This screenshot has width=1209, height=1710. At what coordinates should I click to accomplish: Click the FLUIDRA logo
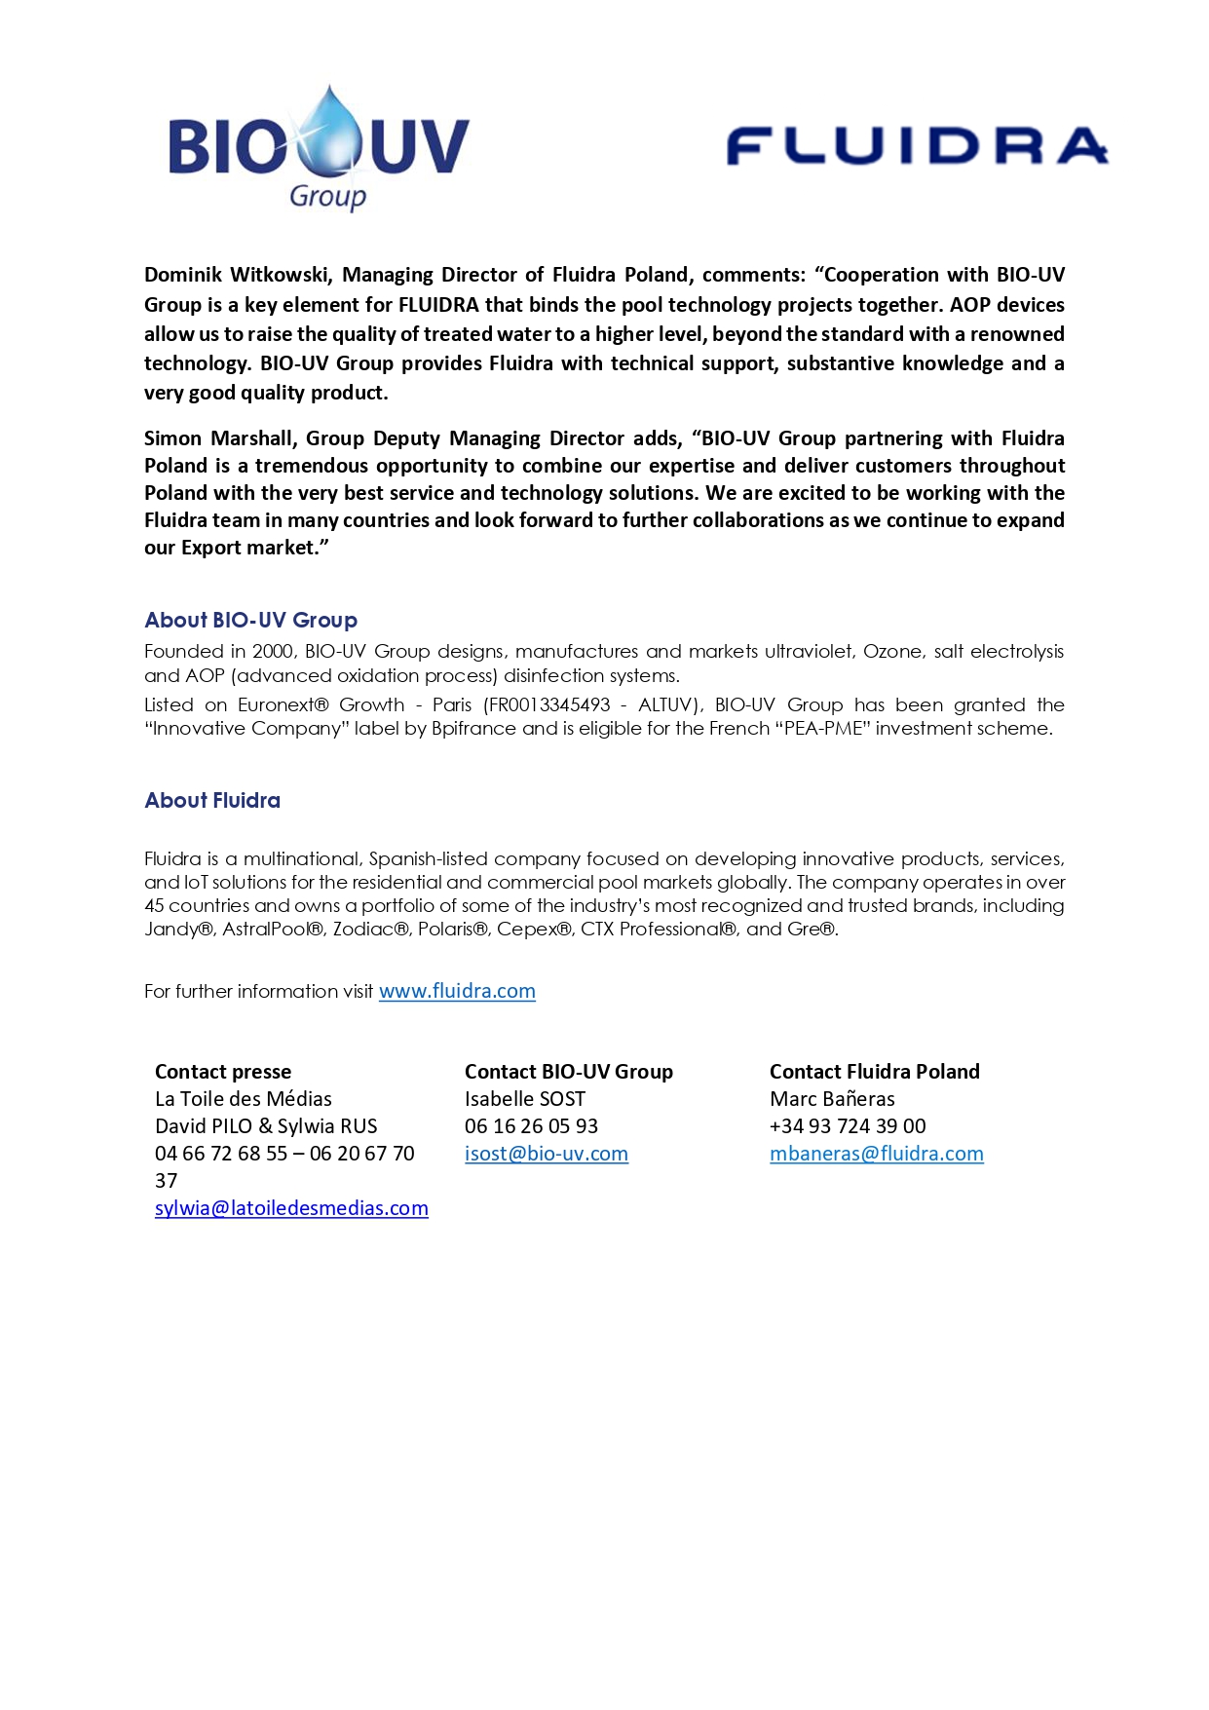click(x=917, y=146)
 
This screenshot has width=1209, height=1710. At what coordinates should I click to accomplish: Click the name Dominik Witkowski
click(x=237, y=275)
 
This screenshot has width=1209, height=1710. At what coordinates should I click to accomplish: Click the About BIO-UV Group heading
click(x=250, y=621)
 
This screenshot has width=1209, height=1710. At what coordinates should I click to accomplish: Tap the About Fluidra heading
click(x=212, y=801)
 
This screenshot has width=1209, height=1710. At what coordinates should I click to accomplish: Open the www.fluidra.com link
click(x=457, y=991)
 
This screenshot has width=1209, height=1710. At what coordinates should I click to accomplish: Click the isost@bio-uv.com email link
click(x=546, y=1154)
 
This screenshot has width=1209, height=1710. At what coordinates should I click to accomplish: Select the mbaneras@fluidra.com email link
click(x=876, y=1154)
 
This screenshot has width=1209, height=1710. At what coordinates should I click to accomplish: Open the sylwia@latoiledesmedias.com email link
click(x=291, y=1208)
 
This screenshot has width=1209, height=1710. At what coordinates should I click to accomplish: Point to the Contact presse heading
click(x=223, y=1072)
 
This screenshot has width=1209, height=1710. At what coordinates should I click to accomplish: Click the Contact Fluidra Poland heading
click(x=874, y=1072)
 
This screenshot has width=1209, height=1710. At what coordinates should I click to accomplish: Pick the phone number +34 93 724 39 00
click(x=848, y=1126)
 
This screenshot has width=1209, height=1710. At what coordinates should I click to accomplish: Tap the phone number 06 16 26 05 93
click(x=531, y=1126)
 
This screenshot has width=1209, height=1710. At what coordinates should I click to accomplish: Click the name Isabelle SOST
click(x=525, y=1099)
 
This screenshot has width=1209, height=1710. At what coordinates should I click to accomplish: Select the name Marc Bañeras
click(x=832, y=1099)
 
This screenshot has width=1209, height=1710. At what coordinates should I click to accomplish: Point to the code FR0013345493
click(x=550, y=704)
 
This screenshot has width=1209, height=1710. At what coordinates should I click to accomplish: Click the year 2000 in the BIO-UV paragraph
click(x=274, y=651)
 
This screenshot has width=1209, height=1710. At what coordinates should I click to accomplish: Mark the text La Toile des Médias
click(x=244, y=1099)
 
